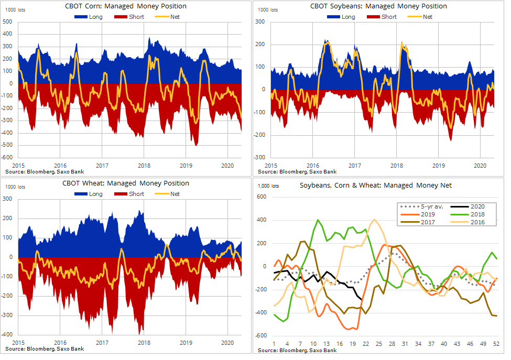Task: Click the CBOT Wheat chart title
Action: pyautogui.click(x=126, y=183)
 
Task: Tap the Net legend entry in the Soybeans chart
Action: pyautogui.click(x=427, y=17)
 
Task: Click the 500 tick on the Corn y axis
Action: pyautogui.click(x=8, y=22)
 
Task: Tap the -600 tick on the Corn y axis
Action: pyautogui.click(x=7, y=158)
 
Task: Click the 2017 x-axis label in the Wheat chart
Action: pyautogui.click(x=102, y=343)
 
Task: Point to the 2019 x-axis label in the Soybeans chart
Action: pyautogui.click(x=439, y=165)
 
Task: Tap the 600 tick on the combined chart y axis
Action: pyautogui.click(x=262, y=197)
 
